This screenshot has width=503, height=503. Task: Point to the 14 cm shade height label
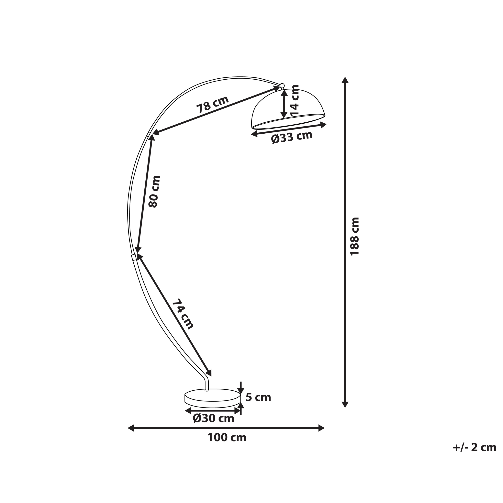295,100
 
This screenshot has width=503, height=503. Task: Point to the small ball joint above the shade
282,85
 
